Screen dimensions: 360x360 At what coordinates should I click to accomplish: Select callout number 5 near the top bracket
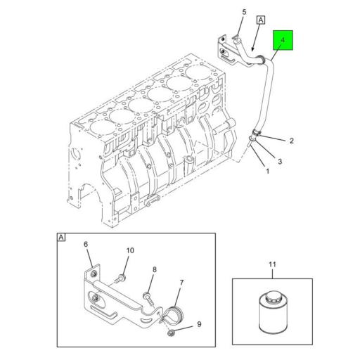[x=244, y=12]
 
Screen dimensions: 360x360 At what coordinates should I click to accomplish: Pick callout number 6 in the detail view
[x=86, y=245]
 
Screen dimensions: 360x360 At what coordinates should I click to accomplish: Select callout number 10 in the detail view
[x=129, y=250]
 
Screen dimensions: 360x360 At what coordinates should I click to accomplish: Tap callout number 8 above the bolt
[x=154, y=269]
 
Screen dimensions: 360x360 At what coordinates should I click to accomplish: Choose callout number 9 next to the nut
[x=198, y=324]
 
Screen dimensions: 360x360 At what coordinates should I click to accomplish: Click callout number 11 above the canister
[x=272, y=264]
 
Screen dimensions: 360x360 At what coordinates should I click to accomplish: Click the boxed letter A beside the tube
[x=259, y=21]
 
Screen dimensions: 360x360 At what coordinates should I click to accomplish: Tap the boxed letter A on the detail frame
[x=61, y=238]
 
